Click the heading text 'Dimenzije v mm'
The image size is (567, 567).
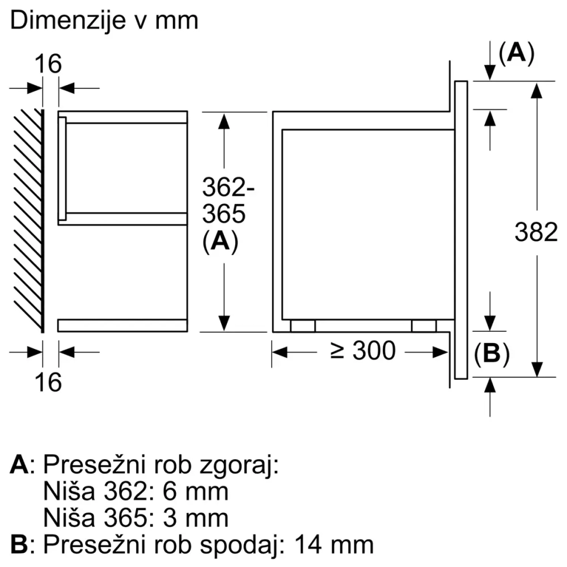[x=105, y=21]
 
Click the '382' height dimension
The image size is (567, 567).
[x=536, y=232]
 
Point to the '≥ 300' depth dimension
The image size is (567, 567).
[x=363, y=352]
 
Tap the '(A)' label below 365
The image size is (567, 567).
[x=219, y=242]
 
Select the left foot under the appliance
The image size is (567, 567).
[x=303, y=325]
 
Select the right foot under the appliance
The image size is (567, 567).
[x=424, y=325]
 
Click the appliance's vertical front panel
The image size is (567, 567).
[x=460, y=229]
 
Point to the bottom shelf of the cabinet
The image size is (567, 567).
[x=122, y=325]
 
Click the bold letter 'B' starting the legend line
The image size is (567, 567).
[x=19, y=544]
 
